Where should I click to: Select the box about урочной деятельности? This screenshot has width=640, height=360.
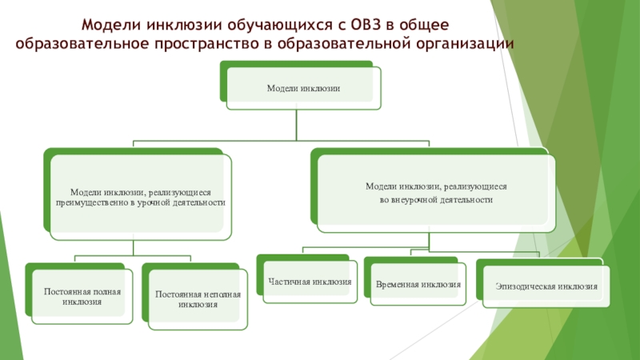(140, 197)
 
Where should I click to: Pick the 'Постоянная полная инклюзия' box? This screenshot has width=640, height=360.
(82, 297)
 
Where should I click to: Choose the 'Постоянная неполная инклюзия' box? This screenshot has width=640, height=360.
(198, 299)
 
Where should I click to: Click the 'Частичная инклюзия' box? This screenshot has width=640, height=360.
(310, 282)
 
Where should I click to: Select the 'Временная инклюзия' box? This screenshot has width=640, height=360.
(418, 284)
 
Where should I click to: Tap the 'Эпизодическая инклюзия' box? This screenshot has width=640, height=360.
(546, 286)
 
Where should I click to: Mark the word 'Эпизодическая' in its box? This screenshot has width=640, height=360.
(524, 286)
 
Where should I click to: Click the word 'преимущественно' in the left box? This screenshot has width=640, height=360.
(87, 202)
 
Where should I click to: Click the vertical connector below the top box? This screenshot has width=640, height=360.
(297, 124)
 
